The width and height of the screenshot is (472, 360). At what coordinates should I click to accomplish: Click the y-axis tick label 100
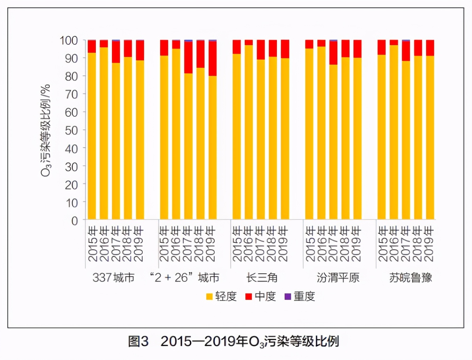(69, 41)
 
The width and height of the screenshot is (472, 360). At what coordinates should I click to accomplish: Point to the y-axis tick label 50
(71, 130)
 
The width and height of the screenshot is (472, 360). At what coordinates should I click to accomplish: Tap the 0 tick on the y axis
(74, 221)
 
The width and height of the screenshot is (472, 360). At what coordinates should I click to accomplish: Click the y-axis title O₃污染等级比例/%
(46, 130)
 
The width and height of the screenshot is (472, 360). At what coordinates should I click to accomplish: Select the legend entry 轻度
(226, 296)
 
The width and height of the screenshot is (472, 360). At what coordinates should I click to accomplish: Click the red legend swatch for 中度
(249, 296)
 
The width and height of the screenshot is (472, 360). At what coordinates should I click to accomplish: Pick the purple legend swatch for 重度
(288, 296)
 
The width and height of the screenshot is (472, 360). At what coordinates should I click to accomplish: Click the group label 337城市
(113, 278)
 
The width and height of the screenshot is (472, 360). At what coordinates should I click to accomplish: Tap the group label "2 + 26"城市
(185, 278)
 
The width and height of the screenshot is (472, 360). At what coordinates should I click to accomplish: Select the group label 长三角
(262, 278)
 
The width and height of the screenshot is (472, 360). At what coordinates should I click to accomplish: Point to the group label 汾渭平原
(338, 278)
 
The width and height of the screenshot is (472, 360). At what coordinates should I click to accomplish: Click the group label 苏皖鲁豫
(410, 278)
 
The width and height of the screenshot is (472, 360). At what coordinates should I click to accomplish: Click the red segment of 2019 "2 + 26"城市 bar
(213, 59)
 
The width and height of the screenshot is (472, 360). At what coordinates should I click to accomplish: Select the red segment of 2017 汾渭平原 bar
(333, 53)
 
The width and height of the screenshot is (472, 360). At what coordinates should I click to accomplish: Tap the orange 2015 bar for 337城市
(92, 136)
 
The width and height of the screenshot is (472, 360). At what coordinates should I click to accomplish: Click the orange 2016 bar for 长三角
(249, 133)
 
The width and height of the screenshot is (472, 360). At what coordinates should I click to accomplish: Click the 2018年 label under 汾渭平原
(345, 244)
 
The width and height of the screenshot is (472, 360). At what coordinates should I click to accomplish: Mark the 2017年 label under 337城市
(116, 244)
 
